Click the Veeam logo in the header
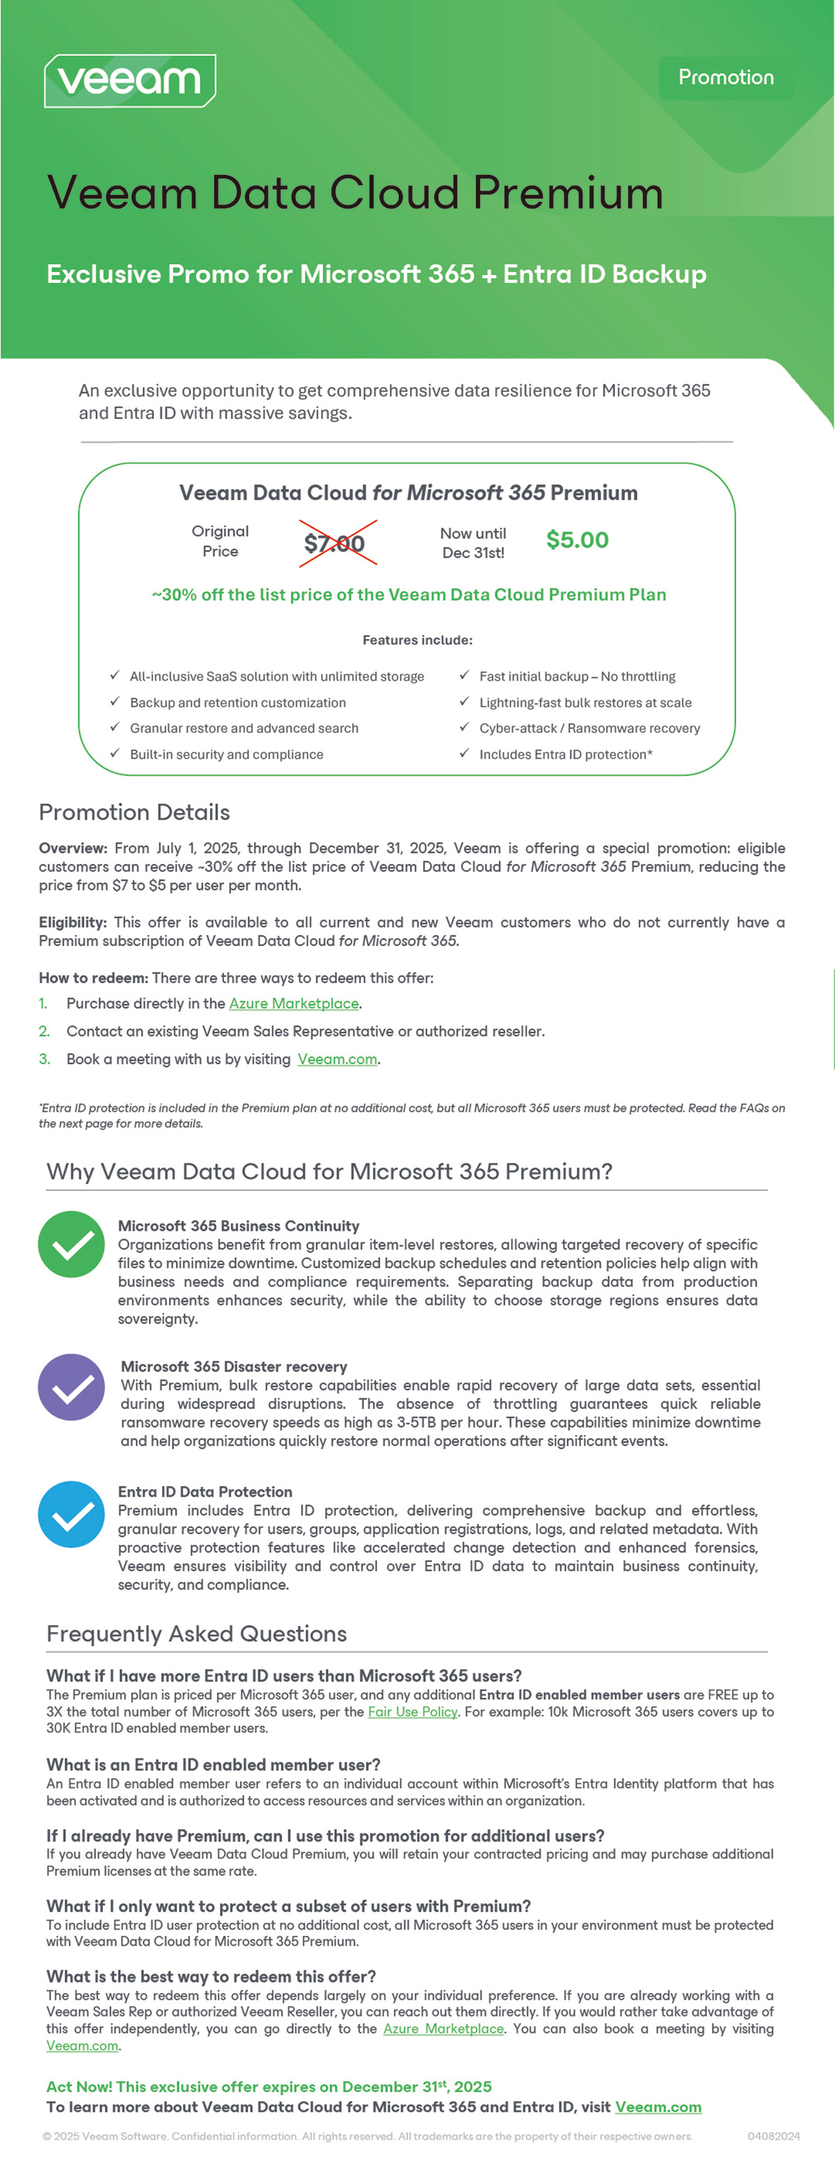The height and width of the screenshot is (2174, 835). coord(130,81)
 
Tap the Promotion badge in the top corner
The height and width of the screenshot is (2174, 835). coord(725,78)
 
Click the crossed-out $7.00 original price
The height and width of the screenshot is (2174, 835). coord(335,544)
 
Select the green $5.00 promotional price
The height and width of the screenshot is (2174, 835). coord(577,540)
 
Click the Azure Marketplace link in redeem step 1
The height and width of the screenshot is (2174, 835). coord(294,1003)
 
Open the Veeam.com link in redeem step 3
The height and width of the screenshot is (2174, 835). coord(337,1059)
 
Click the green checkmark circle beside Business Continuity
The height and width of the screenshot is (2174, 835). coord(72,1244)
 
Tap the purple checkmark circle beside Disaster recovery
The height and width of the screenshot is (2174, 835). coord(72,1387)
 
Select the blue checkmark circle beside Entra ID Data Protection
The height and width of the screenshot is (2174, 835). coord(72,1514)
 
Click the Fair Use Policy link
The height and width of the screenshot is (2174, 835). coord(413,1712)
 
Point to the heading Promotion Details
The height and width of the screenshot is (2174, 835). coord(134,812)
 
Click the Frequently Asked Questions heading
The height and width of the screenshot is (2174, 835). coord(196,1634)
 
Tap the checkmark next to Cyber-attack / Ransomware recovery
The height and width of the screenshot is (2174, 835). coord(464,727)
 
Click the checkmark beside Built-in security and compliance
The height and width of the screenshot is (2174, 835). coord(115,754)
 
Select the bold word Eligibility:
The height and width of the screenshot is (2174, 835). coord(72,922)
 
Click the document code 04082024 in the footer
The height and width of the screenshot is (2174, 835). coord(774,2136)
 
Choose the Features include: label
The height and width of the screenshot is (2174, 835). coord(417,640)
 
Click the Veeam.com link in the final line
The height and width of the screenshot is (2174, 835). coord(658,2107)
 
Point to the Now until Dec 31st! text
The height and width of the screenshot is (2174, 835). coord(473,543)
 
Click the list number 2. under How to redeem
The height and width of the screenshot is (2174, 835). coord(45,1031)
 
